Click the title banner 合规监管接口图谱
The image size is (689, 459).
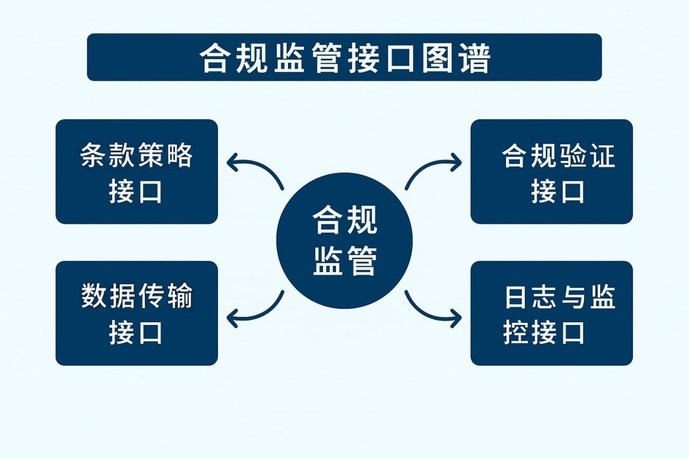(x=344, y=57)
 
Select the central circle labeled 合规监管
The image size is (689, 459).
(x=344, y=241)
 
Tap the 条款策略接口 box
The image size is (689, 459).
(x=137, y=172)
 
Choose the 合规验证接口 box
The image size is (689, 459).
(x=551, y=172)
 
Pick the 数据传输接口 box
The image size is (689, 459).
(x=137, y=313)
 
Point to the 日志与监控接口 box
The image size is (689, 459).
(x=551, y=313)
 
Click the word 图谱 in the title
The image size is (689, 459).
(x=455, y=58)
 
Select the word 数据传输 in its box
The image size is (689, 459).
(x=137, y=297)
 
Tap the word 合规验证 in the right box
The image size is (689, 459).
(x=558, y=156)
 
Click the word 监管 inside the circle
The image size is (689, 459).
(x=344, y=262)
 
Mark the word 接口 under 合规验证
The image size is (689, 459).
(x=558, y=191)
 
